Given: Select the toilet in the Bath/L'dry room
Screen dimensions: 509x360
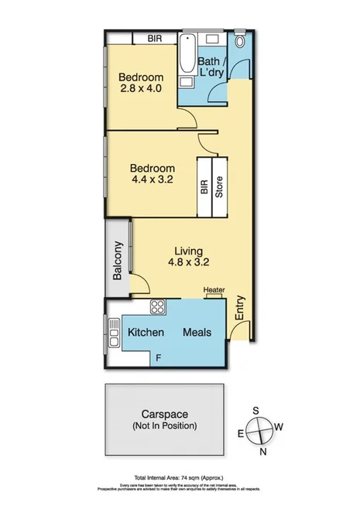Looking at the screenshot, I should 240,41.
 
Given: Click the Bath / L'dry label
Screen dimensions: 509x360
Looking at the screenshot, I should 212,67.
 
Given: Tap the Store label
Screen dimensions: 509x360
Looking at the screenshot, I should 219,189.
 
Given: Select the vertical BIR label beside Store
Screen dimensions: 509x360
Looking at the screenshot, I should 204,189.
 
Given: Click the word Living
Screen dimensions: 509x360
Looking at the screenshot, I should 188,251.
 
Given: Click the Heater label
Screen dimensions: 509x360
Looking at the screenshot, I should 214,291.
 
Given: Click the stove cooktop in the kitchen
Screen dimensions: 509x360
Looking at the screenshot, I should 159,306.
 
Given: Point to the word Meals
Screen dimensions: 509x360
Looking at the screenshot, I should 199,333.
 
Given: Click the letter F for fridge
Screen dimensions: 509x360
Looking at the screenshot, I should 159,357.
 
